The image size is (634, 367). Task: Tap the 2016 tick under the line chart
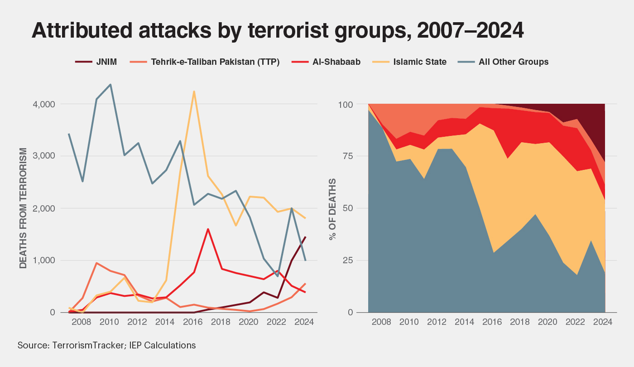pyautogui.click(x=193, y=323)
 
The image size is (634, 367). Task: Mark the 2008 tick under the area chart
pyautogui.click(x=382, y=323)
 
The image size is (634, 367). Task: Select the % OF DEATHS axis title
pyautogui.click(x=333, y=208)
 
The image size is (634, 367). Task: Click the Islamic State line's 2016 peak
pyautogui.click(x=194, y=92)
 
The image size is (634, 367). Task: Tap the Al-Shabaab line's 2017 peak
pyautogui.click(x=208, y=229)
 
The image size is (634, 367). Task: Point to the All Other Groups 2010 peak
pyautogui.click(x=110, y=84)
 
